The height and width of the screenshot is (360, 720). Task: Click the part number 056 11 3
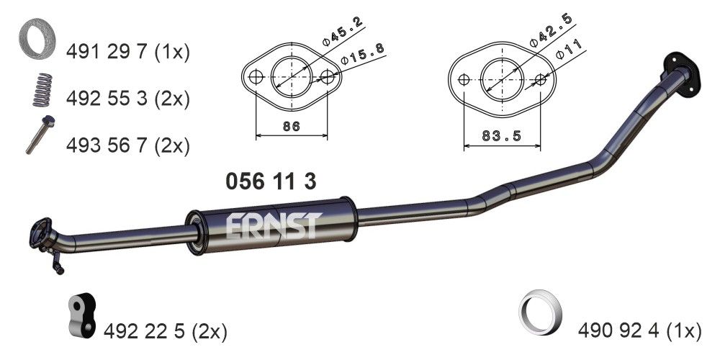coord(271,181)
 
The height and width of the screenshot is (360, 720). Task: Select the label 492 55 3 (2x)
coord(127,99)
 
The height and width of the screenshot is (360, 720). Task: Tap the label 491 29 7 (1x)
coord(127,53)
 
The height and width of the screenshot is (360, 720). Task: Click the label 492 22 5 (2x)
coord(165,331)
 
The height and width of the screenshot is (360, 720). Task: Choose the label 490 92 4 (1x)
coord(639,331)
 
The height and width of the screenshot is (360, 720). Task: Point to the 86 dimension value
coord(291,127)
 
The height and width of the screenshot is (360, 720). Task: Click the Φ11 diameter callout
coord(569,51)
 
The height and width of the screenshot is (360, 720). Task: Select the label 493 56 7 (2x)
coord(127,145)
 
